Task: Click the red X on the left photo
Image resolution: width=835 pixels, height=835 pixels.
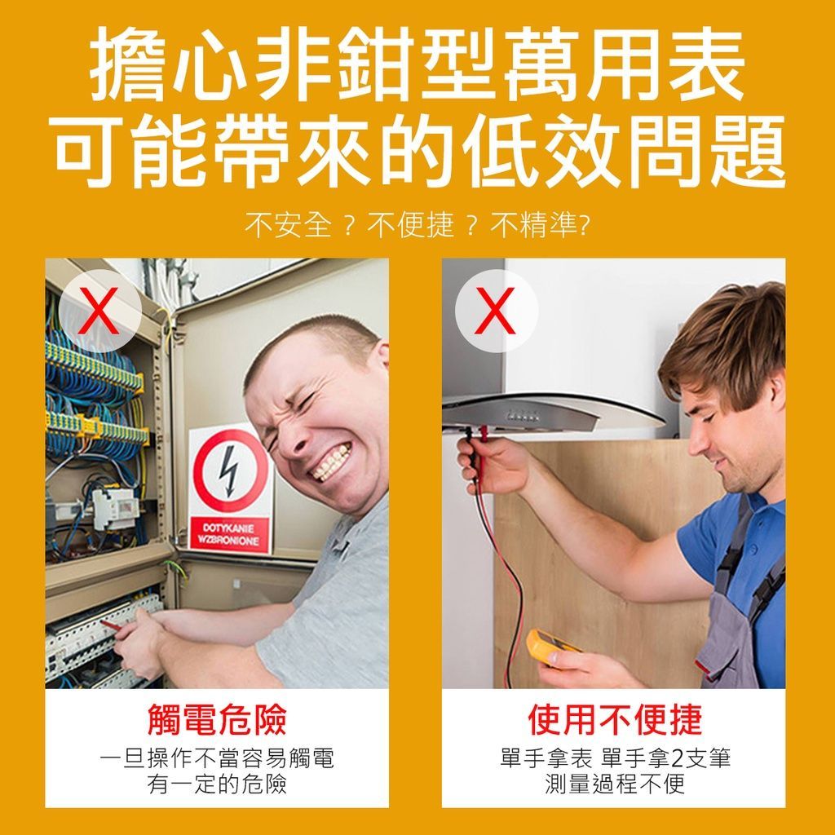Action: tap(99, 311)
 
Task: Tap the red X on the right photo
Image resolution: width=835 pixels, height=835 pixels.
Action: tap(496, 311)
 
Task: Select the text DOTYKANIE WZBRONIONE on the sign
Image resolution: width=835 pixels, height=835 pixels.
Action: tap(229, 533)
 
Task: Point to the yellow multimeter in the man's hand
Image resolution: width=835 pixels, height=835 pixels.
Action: tap(554, 646)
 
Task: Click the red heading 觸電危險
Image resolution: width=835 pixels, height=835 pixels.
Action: tap(217, 719)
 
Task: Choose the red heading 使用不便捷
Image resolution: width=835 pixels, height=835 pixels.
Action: tap(614, 719)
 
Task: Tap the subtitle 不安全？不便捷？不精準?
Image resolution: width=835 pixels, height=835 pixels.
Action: tap(417, 225)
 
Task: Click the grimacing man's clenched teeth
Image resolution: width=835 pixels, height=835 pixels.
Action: tap(331, 463)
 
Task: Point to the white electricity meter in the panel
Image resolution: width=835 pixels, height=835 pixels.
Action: tap(115, 509)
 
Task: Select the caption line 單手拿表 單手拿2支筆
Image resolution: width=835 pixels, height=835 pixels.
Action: tap(615, 758)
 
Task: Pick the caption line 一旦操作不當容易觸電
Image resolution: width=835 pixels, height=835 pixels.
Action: tap(217, 758)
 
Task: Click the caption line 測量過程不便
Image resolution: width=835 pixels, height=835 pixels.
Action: tap(615, 784)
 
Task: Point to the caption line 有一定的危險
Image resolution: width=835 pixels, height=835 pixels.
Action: tap(217, 784)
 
